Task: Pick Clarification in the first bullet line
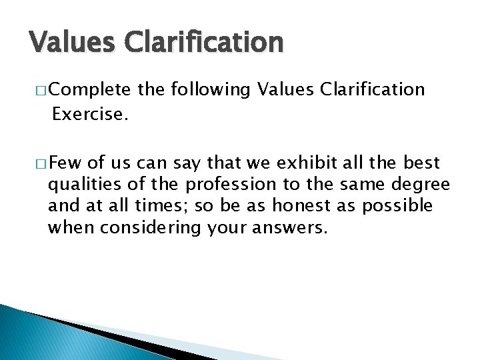[373, 89]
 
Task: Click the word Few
[65, 163]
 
